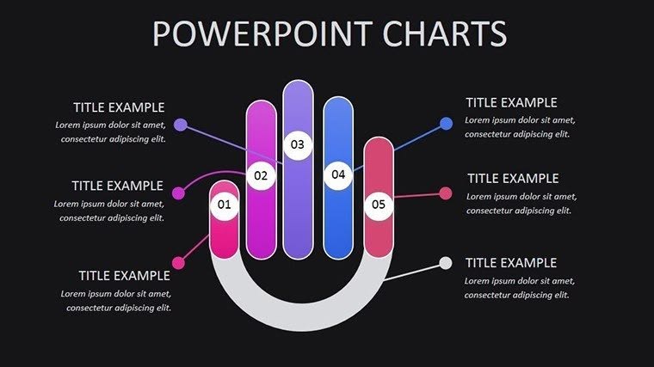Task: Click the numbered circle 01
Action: (224, 205)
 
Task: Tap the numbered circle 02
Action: (261, 176)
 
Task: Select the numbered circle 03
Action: (297, 144)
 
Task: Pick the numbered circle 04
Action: (337, 174)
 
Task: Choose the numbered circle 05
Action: (378, 205)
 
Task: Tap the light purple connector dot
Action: (180, 125)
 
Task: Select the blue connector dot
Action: (446, 124)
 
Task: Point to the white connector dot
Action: (445, 262)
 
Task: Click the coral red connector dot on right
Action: (446, 193)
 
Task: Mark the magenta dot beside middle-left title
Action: (178, 193)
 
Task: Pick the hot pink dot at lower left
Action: (178, 262)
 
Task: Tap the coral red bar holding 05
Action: (378, 236)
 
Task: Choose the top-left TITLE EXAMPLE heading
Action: (118, 107)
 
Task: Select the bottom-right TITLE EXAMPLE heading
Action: (511, 263)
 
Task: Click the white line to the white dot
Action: (413, 272)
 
